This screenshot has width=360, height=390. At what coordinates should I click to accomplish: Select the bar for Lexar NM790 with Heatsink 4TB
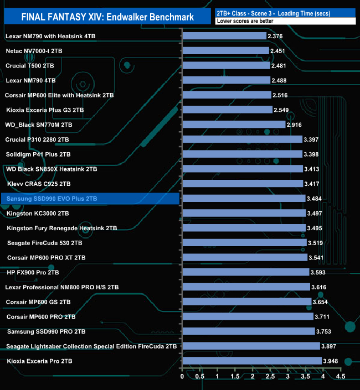coord(224,36)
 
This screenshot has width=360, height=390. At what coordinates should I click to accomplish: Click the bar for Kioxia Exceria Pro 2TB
coord(251,361)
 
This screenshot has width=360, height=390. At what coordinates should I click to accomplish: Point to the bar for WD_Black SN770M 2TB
coord(233,124)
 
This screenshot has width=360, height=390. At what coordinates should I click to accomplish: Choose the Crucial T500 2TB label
coord(30,65)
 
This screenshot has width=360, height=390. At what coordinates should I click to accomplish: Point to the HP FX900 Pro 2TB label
coord(33,272)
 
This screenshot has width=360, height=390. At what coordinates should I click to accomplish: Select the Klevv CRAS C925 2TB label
coord(39,184)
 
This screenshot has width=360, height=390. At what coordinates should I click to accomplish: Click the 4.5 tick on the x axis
coord(340,377)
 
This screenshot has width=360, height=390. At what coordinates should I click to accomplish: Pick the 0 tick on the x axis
coord(182,377)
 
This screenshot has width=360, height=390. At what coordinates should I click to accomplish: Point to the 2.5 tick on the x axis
coord(270,377)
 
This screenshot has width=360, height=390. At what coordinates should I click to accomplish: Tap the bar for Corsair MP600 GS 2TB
coord(246,302)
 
